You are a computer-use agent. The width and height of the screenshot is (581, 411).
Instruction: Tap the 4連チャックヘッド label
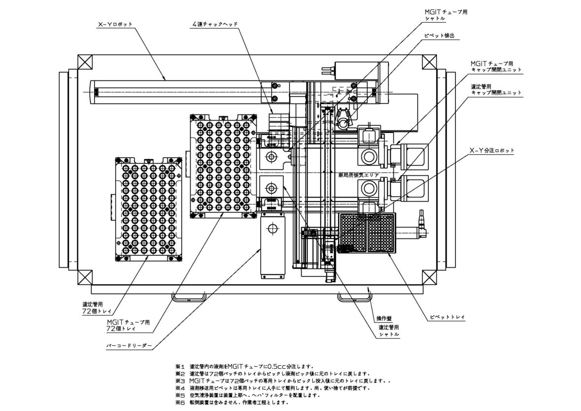(x=216, y=24)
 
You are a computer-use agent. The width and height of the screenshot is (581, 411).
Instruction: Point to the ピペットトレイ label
(x=446, y=314)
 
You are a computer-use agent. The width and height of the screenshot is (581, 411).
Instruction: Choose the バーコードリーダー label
(x=129, y=346)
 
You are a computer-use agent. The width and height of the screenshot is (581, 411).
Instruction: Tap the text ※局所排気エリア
(x=359, y=174)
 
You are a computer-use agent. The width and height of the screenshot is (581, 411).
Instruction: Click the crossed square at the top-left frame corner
(x=86, y=63)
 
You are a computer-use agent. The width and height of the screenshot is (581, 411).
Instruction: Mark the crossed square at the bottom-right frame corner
(x=428, y=276)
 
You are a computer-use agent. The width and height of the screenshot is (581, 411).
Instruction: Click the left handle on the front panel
(x=189, y=297)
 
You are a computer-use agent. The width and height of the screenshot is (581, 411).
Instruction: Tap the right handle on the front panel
(x=354, y=297)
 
